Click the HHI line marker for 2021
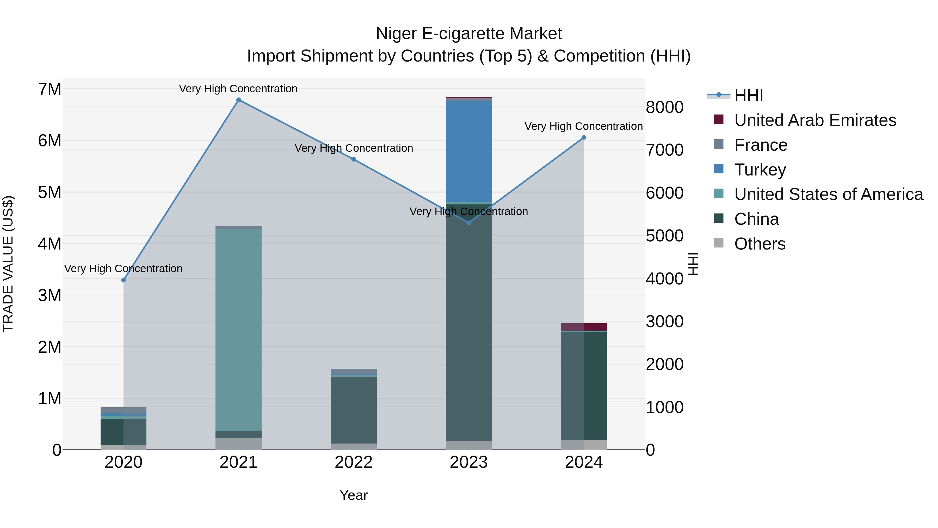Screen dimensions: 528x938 point(238,100)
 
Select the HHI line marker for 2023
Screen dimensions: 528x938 point(469,223)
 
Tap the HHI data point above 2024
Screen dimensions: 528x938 point(584,137)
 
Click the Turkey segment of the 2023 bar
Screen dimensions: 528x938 point(469,151)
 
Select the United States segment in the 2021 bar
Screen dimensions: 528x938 point(238,330)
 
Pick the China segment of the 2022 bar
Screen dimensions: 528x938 point(354,410)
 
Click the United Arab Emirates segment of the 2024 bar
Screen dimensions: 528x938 point(584,327)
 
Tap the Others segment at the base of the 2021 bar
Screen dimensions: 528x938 point(238,444)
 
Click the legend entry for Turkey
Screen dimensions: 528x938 point(760,170)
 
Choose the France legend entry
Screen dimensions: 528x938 point(761,145)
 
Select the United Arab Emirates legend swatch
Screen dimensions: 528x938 point(718,119)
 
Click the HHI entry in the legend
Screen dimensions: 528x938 point(748,95)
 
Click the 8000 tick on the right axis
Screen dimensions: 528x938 point(664,107)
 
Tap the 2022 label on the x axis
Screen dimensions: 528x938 point(354,462)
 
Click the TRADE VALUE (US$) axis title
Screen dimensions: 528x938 point(8,264)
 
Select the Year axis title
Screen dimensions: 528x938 point(354,495)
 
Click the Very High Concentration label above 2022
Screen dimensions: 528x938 point(354,148)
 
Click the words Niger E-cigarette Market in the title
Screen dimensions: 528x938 point(469,34)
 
